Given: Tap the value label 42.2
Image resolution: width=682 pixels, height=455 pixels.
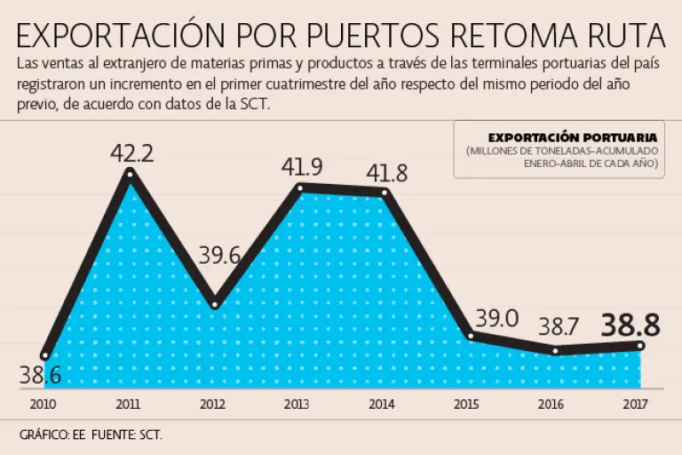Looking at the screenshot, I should click(x=132, y=153).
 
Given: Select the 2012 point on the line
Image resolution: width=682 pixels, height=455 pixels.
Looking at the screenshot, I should click(x=214, y=304).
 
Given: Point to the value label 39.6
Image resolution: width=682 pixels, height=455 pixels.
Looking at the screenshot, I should click(x=219, y=256).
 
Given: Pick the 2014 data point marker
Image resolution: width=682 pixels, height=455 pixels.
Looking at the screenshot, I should click(x=384, y=193).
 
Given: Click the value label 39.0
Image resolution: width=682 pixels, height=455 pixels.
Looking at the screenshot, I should click(x=497, y=317).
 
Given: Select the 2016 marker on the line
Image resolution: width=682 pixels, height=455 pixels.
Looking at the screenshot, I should click(x=555, y=351).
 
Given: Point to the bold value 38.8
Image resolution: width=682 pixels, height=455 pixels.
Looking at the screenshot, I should click(x=630, y=325).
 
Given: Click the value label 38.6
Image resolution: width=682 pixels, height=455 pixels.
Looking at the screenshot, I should click(x=40, y=375).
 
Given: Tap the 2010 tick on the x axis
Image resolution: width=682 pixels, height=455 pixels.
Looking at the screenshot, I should click(x=42, y=405).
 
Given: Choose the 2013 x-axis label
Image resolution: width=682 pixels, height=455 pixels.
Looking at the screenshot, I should click(x=297, y=405).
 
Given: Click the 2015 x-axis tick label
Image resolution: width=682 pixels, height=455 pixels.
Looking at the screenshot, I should click(x=466, y=405).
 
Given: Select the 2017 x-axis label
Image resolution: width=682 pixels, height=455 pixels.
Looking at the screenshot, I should click(x=636, y=405).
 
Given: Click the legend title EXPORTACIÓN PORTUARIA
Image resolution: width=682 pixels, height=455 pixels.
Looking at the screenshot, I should click(x=572, y=138).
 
